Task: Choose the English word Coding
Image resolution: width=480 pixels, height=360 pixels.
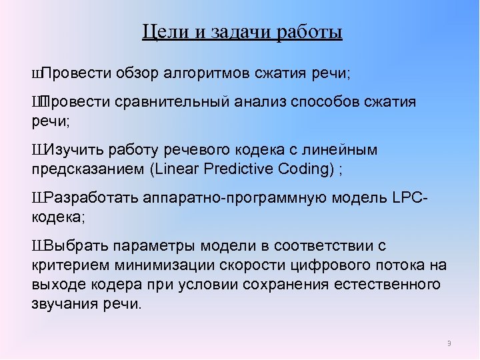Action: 308,169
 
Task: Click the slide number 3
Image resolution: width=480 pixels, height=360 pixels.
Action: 449,343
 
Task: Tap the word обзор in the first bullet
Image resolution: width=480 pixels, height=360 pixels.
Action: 137,73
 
